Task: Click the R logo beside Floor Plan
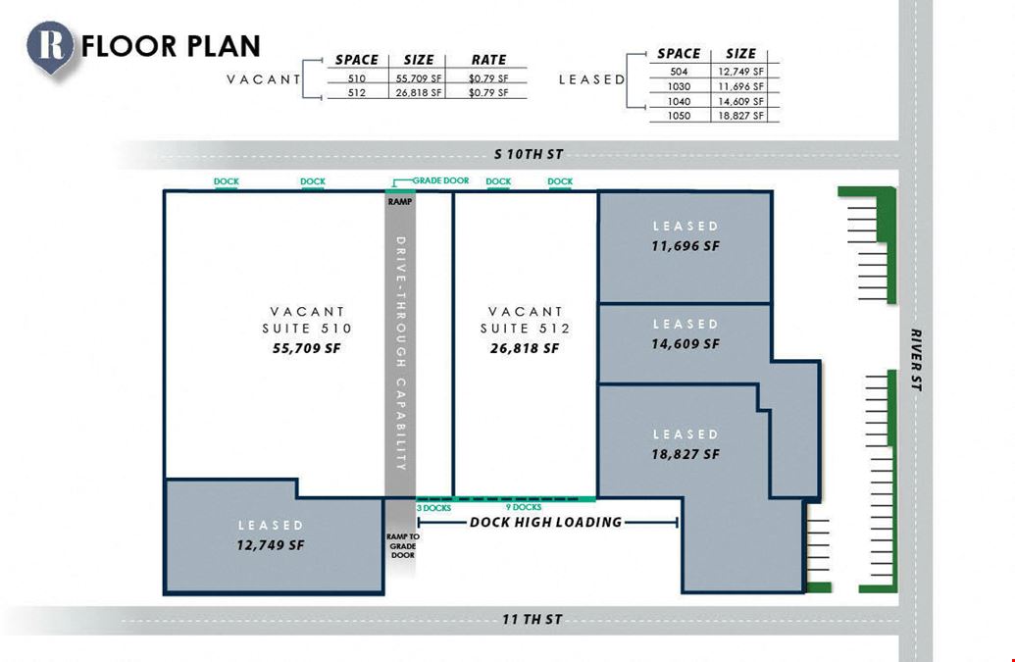point(50,47)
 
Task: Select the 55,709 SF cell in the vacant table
point(418,78)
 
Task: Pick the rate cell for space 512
point(488,92)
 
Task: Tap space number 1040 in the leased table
point(679,101)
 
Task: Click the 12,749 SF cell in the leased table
point(740,72)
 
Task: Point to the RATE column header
point(488,60)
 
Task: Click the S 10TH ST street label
point(529,154)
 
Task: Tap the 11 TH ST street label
point(533,619)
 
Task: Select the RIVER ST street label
point(916,360)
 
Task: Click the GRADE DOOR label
point(441,180)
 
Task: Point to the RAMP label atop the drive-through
point(400,202)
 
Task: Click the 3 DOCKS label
point(433,508)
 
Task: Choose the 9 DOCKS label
point(524,507)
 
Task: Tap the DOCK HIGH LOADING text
point(545,522)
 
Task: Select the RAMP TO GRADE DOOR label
point(403,545)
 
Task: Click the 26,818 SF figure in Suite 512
point(525,348)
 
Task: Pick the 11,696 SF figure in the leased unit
point(685,246)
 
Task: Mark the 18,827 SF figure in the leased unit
point(685,454)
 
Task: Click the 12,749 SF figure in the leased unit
point(271,545)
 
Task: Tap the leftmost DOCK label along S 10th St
point(226,181)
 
